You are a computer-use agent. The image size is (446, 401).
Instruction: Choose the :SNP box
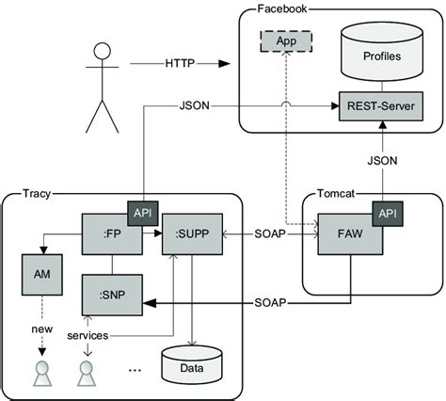[110, 295]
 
